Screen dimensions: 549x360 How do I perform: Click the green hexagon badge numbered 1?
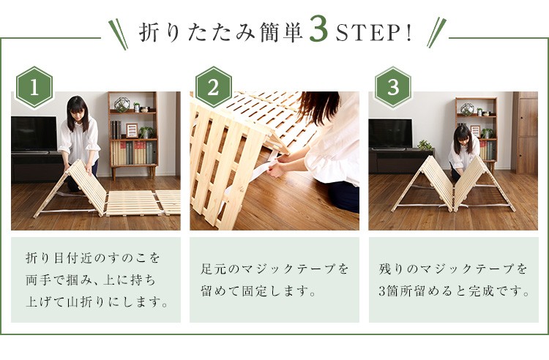tap(34, 88)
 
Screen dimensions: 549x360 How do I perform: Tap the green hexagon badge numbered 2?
tap(213, 88)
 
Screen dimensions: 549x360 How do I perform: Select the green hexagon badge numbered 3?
tap(393, 88)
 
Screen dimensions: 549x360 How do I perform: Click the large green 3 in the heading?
tap(318, 30)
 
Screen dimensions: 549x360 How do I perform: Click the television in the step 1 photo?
tap(34, 135)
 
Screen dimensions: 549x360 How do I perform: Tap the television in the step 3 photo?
tap(390, 134)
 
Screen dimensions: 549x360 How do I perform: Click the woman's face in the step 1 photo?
tap(77, 110)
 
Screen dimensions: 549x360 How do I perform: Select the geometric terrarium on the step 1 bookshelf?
tap(122, 105)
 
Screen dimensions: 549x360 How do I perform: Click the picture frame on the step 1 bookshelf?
tap(132, 130)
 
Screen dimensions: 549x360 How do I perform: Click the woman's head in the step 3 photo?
tap(463, 135)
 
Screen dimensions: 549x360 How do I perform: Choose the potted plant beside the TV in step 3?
tap(425, 145)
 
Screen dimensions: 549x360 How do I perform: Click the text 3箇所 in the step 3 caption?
tap(396, 290)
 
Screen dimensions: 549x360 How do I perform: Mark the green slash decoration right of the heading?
tap(436, 32)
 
